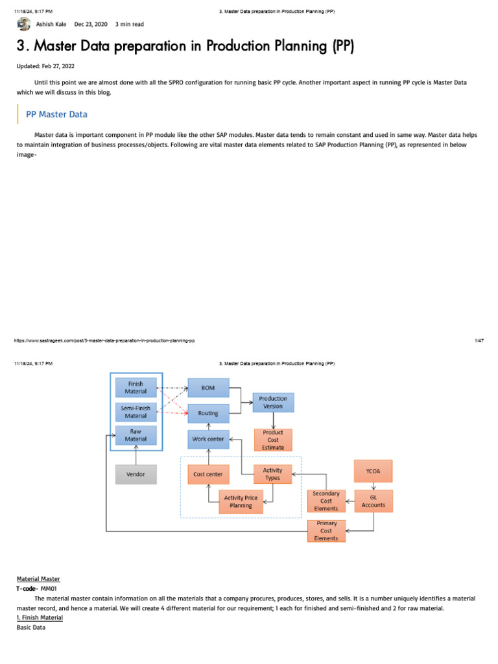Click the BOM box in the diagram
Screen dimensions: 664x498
point(208,388)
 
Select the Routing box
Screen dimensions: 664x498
point(208,413)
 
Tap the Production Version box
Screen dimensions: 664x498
point(273,402)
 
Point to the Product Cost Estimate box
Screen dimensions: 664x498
point(273,440)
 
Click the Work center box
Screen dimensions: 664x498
point(208,439)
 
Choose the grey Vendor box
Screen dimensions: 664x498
point(136,475)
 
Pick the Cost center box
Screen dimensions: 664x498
point(208,475)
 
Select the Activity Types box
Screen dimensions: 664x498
point(272,474)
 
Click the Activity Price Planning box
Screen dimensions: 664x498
point(241,502)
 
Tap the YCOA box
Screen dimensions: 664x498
point(373,471)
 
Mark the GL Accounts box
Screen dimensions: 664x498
point(373,501)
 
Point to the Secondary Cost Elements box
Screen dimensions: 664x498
point(326,501)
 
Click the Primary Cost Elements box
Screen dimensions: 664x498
point(326,530)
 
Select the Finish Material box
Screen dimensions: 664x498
point(136,388)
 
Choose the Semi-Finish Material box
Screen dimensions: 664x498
point(136,412)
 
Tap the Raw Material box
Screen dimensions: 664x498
point(136,435)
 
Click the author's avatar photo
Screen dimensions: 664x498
point(24,24)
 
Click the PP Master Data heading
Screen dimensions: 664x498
point(56,114)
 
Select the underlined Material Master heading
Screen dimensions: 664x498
point(38,578)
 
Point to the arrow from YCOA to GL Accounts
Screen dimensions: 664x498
point(373,486)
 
